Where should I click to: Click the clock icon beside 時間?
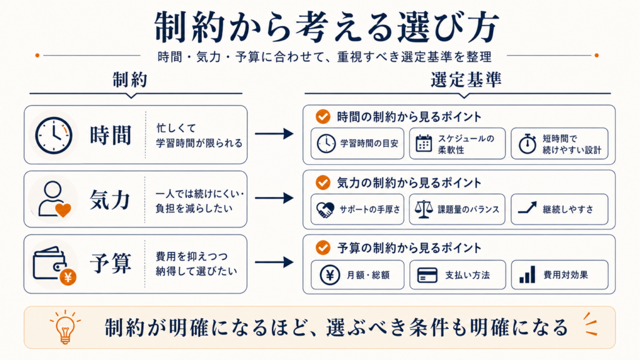tap(54, 136)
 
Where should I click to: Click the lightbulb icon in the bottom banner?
tap(65, 327)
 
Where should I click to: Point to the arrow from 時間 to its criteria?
tap(274, 134)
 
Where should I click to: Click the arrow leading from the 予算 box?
tap(274, 262)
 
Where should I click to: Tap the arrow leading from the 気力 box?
tap(274, 198)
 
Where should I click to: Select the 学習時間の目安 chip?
tap(357, 143)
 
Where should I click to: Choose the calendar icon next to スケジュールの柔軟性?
tap(423, 143)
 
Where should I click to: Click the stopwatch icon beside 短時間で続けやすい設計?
tap(527, 143)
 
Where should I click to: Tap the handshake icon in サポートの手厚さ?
tap(325, 209)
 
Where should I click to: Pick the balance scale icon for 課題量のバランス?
tap(423, 209)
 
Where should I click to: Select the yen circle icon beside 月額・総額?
tap(329, 275)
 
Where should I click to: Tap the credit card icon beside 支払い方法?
tap(427, 275)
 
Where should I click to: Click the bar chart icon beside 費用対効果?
tap(527, 275)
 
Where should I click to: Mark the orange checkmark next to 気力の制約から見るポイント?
tap(323, 182)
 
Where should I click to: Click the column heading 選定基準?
tap(466, 80)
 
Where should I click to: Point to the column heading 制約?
tap(130, 80)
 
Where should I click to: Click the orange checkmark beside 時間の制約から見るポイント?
tap(323, 116)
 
